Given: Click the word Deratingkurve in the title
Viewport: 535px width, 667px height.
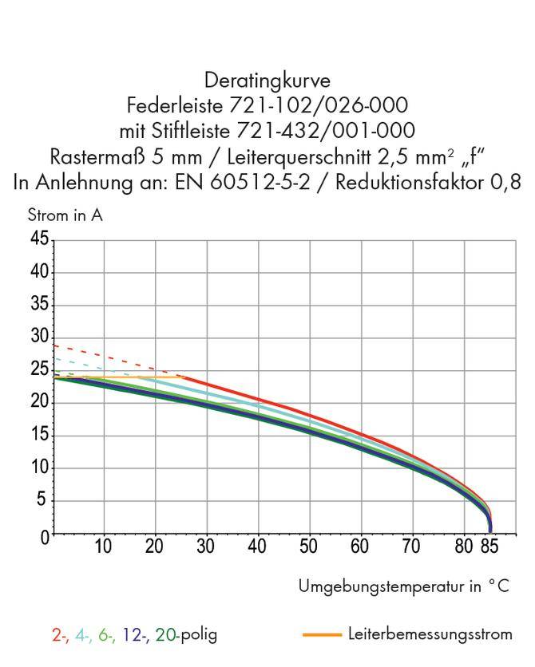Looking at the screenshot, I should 267,81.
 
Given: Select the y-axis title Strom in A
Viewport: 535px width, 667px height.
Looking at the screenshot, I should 65,215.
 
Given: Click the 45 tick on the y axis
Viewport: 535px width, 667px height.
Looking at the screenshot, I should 40,239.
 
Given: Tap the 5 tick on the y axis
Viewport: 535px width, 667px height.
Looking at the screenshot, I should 45,501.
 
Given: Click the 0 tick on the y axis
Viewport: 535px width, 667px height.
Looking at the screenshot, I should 45,535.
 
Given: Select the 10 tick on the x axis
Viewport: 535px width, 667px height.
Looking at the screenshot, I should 103,547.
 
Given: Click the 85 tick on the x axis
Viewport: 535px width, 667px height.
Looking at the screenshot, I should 489,547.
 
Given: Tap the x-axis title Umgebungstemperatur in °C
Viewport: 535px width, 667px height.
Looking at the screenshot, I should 403,586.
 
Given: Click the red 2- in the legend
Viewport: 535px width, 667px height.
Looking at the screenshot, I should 59,635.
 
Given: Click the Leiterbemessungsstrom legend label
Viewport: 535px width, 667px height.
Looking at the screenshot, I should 430,634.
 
